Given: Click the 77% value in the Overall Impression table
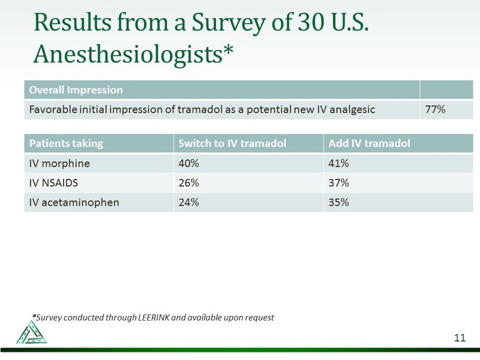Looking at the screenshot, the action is click(435, 109).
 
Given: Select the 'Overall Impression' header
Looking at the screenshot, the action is click(76, 90).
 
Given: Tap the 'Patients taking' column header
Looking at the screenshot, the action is click(66, 144).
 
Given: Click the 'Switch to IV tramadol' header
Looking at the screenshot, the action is click(232, 144).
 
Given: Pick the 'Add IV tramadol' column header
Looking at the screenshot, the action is click(369, 144).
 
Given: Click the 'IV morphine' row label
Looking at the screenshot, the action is click(59, 163).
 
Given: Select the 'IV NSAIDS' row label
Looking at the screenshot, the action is click(54, 183).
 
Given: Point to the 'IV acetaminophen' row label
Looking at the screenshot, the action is click(74, 202).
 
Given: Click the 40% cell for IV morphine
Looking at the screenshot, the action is click(189, 163).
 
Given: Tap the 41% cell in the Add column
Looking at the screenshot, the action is click(339, 163).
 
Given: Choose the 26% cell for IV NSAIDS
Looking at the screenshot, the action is click(189, 183).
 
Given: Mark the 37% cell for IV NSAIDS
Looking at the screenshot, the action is click(339, 183).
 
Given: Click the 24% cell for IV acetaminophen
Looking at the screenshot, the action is click(189, 202).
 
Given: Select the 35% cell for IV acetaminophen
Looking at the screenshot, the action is click(339, 202).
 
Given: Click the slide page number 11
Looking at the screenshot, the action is click(460, 338).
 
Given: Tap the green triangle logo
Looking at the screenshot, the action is click(32, 332).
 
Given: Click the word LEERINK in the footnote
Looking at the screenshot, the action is click(154, 318).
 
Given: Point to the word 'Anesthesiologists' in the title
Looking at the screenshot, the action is click(128, 55).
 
